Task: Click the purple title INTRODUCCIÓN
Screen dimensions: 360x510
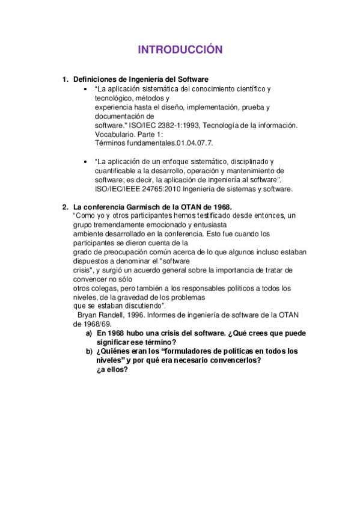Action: [180, 49]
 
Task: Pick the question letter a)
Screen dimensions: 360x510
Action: [88, 333]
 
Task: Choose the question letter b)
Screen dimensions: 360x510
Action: [88, 351]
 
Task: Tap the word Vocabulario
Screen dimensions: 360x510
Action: [117, 134]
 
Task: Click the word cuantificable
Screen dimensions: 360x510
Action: [117, 170]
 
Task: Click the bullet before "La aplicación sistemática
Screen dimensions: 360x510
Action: [87, 89]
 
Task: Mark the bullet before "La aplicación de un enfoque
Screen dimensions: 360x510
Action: [87, 162]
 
